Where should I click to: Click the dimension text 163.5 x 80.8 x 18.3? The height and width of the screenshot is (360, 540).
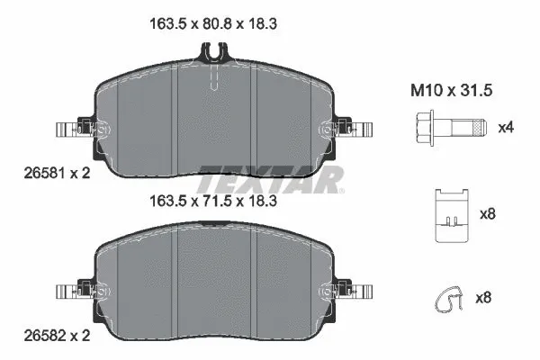click(x=212, y=26)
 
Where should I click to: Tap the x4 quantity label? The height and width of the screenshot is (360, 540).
click(x=507, y=127)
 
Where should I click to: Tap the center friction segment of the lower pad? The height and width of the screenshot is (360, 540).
click(x=217, y=288)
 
